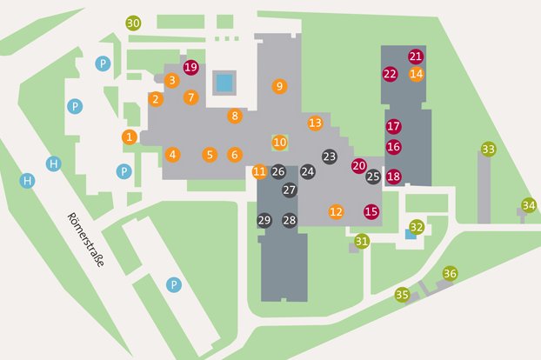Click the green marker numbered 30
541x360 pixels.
pos(133,23)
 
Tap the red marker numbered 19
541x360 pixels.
pos(191,67)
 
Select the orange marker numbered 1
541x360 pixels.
pos(130,137)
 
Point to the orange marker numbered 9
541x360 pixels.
pos(279,86)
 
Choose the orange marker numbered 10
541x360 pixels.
pos(279,142)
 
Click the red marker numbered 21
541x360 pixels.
pos(416,57)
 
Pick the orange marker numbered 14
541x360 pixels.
pos(417,74)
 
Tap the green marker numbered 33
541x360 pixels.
pos(488,150)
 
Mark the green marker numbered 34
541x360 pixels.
pos(528,205)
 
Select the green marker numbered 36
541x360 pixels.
pos(450,274)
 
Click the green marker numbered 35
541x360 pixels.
pos(402,295)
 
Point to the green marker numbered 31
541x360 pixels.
pos(362,241)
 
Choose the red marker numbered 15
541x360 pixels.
pos(371,211)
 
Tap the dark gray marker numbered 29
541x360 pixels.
pos(264,221)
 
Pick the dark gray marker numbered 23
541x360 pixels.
pos(329,157)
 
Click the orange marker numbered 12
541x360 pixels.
pos(336,211)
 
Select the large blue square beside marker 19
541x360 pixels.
pos(224,83)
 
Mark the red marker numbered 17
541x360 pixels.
pos(393,126)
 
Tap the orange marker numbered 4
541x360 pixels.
pos(173,155)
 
